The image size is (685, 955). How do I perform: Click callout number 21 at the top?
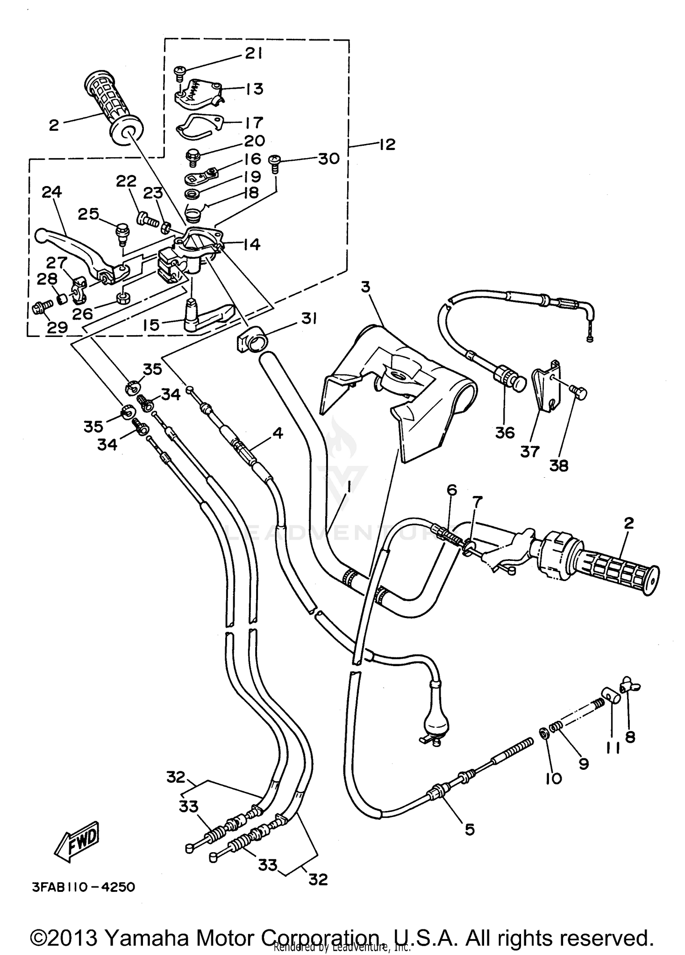[x=253, y=54]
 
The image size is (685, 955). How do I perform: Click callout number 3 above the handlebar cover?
[x=366, y=287]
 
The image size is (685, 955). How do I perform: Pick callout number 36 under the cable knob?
[x=505, y=432]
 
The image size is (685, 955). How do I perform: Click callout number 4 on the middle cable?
[x=278, y=432]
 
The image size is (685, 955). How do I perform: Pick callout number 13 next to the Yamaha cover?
[x=254, y=88]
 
